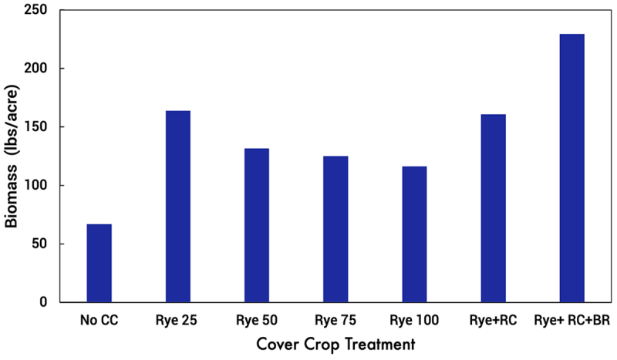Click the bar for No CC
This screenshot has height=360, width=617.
click(99, 263)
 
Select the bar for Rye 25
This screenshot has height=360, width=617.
click(178, 207)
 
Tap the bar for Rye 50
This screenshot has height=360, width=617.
click(257, 225)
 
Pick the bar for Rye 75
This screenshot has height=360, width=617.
click(335, 229)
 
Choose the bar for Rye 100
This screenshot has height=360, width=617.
click(414, 234)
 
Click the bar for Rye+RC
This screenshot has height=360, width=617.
click(493, 208)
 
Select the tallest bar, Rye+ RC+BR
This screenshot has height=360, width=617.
click(571, 168)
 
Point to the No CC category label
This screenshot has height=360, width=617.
click(99, 320)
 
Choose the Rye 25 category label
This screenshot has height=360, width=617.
click(178, 320)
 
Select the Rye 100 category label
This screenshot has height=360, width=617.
click(414, 320)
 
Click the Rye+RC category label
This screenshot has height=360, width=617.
click(493, 320)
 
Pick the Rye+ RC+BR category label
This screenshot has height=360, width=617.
click(571, 320)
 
